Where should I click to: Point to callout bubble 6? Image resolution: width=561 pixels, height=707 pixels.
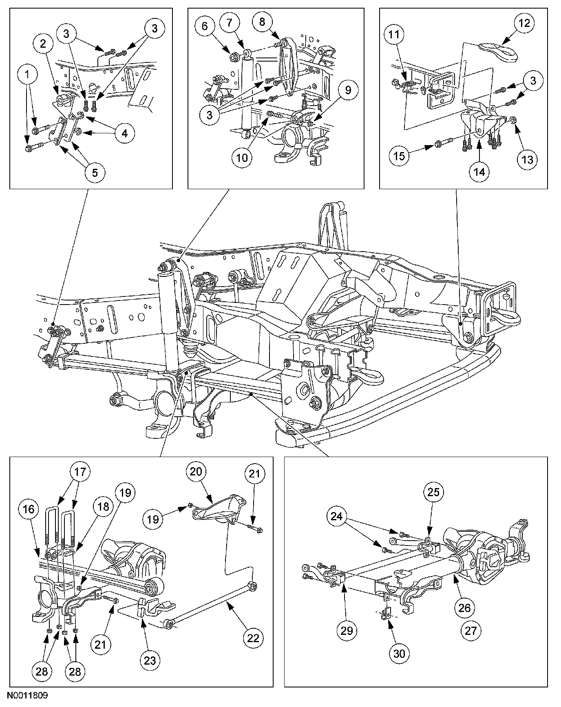tap(205, 26)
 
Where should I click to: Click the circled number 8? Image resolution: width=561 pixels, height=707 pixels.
tap(262, 22)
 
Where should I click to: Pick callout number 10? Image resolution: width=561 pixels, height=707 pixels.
tap(242, 157)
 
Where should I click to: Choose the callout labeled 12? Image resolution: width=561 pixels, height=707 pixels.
tap(524, 23)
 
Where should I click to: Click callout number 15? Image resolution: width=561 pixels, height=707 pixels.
tap(400, 155)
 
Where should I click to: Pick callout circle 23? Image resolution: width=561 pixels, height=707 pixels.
tap(150, 660)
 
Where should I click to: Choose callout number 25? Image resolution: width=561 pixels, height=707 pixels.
tap(434, 492)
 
